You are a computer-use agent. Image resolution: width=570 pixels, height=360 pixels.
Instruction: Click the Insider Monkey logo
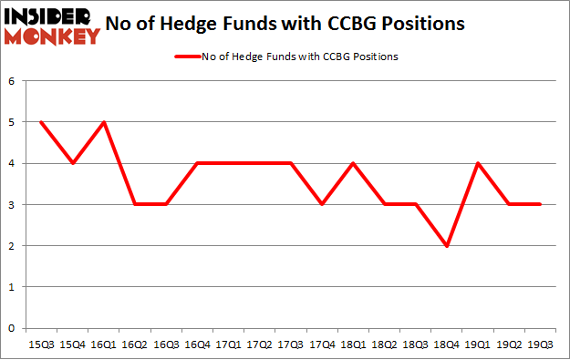(52, 25)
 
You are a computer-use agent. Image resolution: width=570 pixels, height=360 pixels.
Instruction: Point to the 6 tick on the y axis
(13, 81)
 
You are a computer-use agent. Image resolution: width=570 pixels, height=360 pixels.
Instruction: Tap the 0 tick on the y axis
(13, 328)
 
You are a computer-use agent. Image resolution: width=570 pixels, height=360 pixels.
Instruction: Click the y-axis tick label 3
(13, 205)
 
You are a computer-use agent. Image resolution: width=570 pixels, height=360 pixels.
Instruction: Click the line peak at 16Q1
(103, 122)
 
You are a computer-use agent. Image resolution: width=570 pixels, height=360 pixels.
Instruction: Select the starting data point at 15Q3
(42, 122)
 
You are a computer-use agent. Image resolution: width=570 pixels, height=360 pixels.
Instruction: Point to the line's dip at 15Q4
(72, 163)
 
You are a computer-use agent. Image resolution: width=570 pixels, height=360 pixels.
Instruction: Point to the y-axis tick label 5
(13, 122)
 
